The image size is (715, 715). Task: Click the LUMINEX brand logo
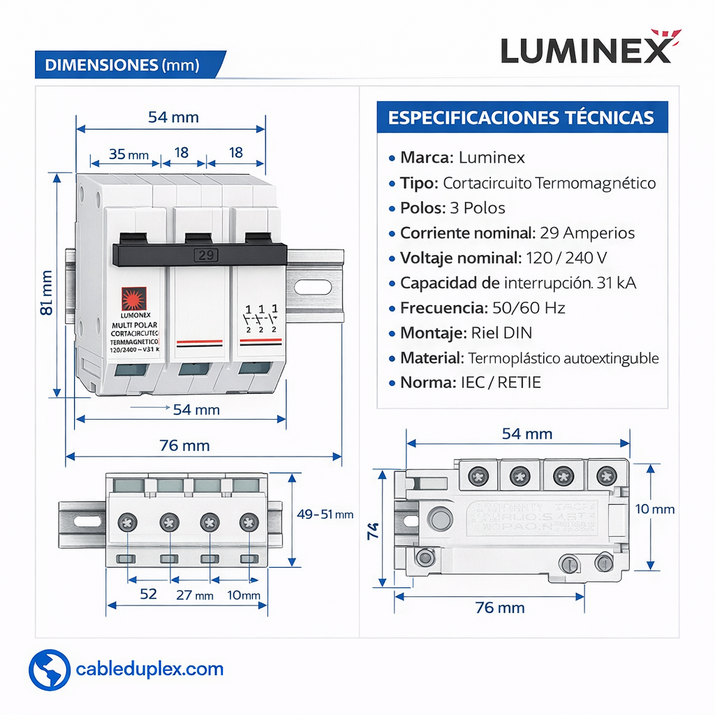587,48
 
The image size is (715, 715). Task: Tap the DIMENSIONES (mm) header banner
122,65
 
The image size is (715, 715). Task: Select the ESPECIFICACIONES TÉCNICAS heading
521,117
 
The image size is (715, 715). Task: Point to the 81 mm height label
47,293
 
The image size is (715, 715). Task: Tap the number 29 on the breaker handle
206,255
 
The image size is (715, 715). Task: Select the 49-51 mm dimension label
325,515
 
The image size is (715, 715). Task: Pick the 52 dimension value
148,594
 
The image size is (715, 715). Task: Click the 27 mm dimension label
193,595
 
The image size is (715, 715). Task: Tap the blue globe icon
50,670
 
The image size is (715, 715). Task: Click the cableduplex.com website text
149,670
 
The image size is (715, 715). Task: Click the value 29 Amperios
587,233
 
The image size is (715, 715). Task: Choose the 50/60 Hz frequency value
528,308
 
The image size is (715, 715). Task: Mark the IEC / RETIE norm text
501,383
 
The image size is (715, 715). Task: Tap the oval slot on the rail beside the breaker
314,286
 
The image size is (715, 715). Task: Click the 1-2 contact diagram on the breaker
261,318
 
